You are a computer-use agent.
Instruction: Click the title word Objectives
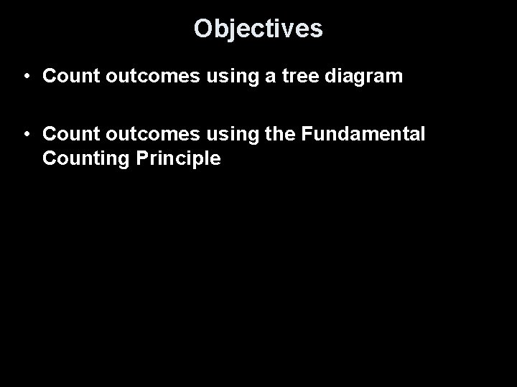click(x=258, y=29)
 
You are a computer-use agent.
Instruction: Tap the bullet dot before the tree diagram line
click(x=25, y=76)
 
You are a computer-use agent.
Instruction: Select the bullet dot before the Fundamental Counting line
click(x=25, y=134)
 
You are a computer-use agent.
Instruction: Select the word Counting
click(x=80, y=159)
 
